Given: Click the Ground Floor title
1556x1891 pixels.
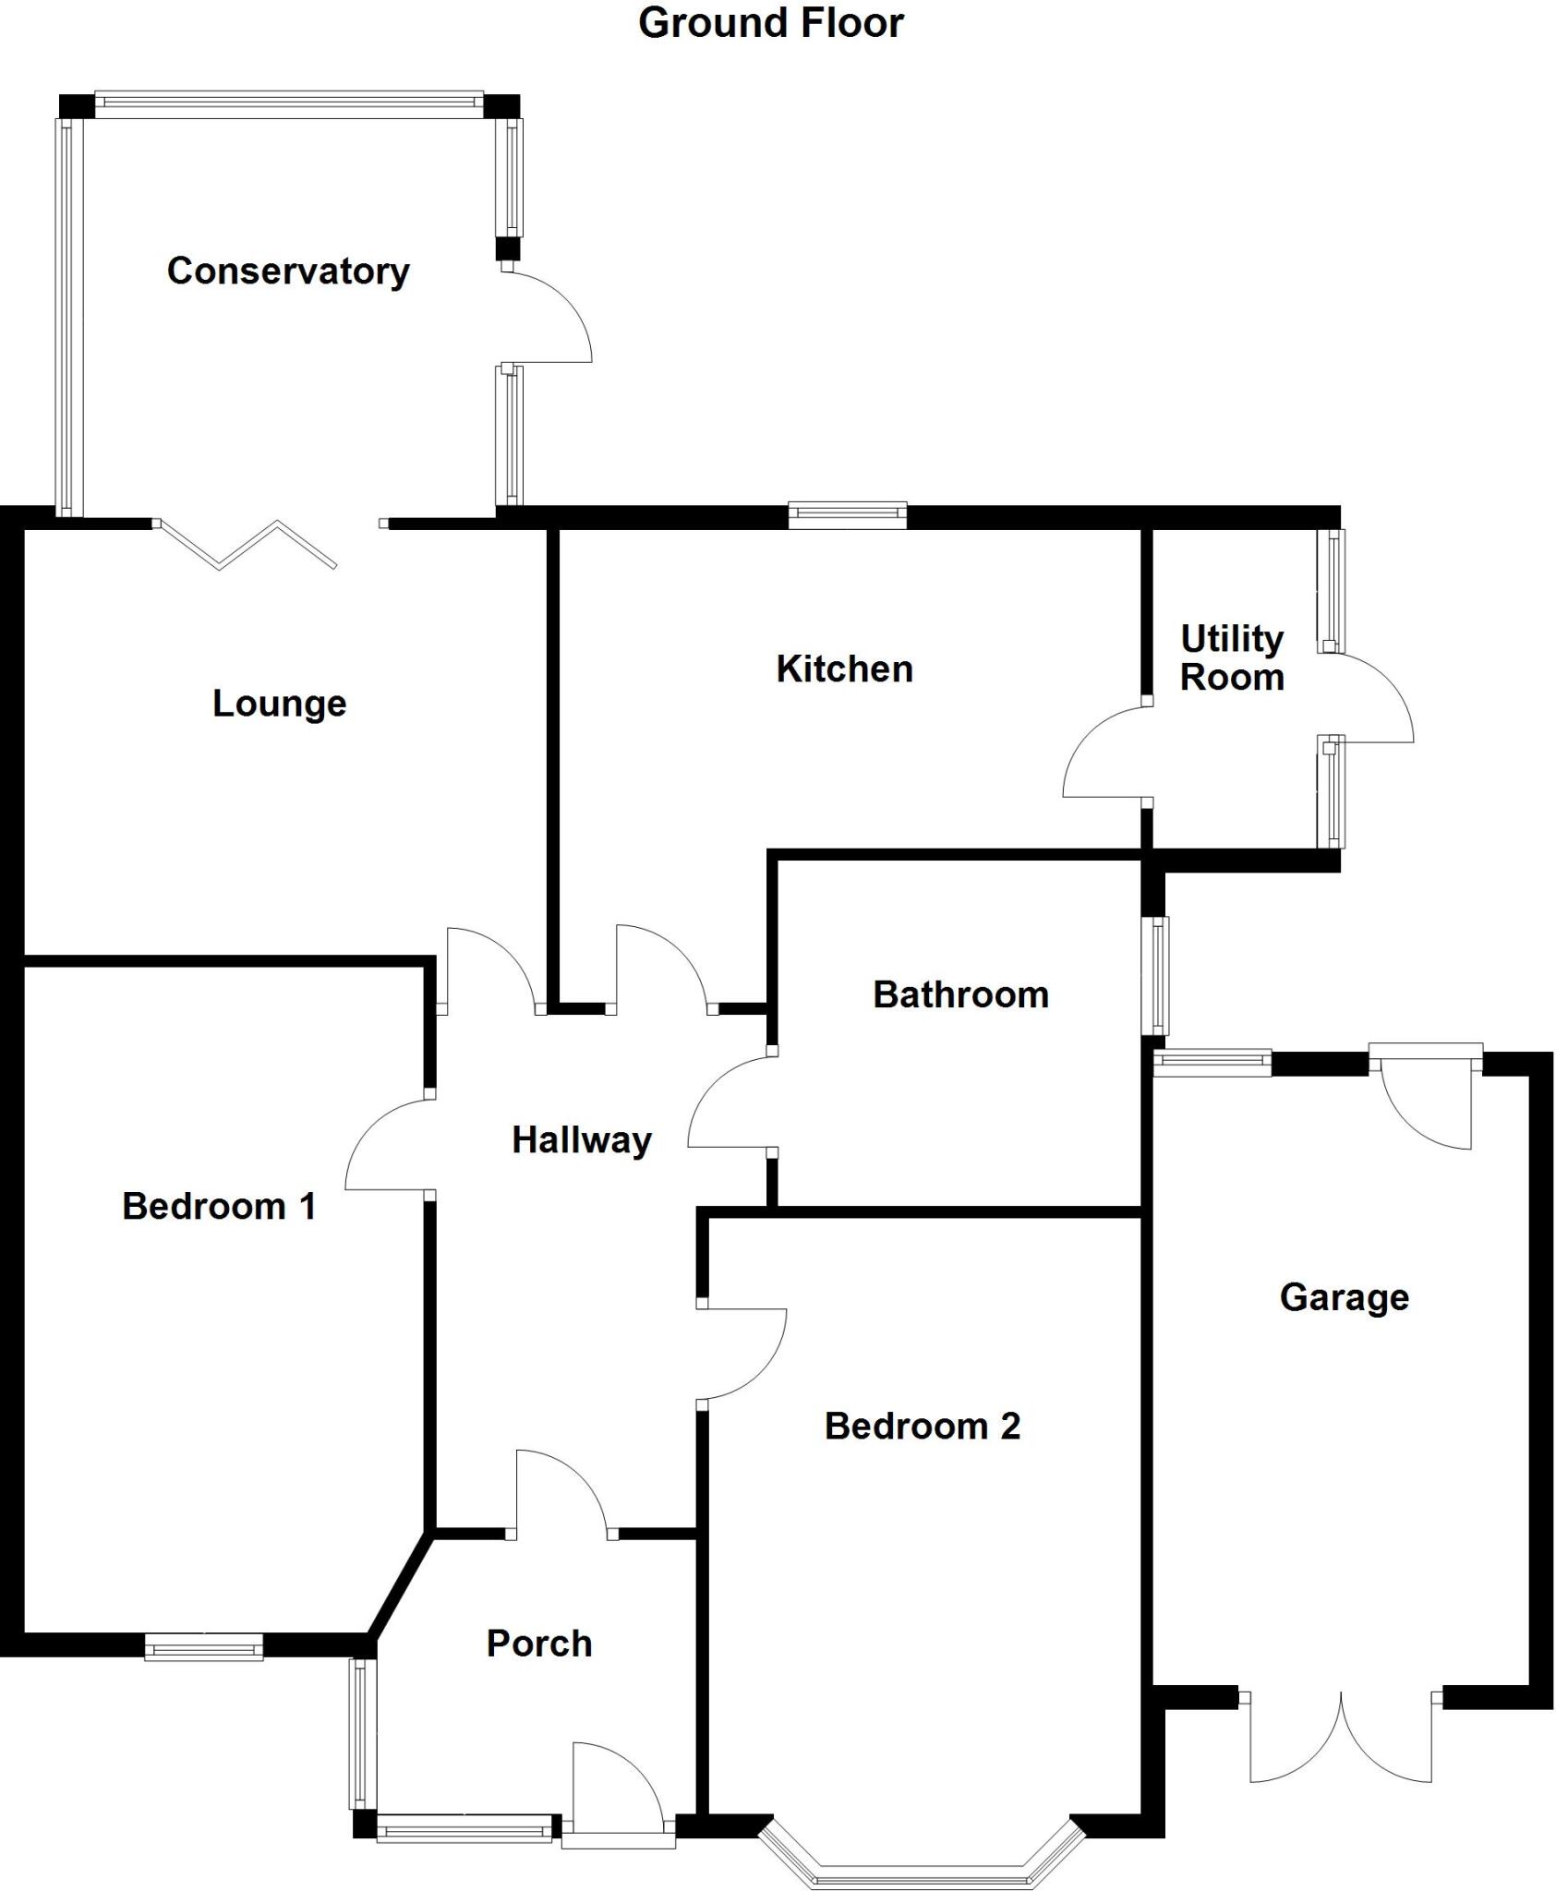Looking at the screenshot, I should [770, 23].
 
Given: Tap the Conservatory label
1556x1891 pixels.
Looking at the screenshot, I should [288, 271].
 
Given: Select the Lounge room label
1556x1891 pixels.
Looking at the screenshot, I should [279, 704].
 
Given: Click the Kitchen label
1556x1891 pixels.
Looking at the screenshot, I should [844, 669].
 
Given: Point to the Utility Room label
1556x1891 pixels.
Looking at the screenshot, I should [1232, 657].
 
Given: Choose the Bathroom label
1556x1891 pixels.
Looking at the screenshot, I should [960, 995].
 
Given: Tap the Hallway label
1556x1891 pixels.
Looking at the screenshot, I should [582, 1140].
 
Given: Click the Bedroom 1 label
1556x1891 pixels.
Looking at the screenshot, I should [219, 1207].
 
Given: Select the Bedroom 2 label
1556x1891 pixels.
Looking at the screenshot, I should [922, 1427].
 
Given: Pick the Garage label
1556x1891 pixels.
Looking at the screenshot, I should [1344, 1297].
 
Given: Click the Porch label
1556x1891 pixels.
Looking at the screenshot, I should [539, 1644].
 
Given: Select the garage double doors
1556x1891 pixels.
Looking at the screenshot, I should [1340, 1740].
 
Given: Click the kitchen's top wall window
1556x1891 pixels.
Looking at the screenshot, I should [847, 514].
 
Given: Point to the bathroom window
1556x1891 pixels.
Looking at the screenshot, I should [1155, 976].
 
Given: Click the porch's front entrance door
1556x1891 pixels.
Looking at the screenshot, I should [617, 1791].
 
